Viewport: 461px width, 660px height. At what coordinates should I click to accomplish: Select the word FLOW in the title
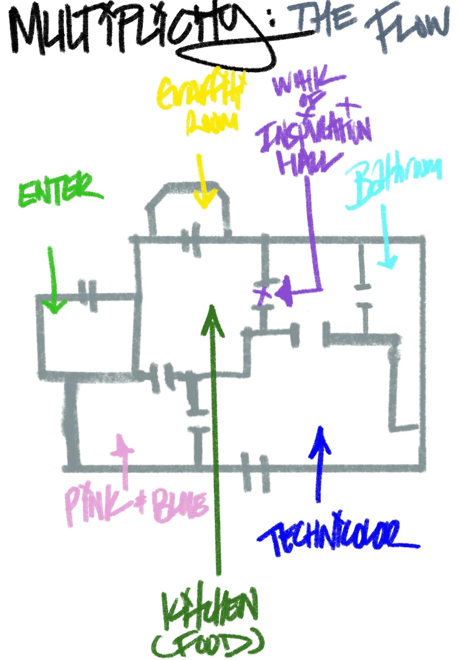[x=408, y=29]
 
